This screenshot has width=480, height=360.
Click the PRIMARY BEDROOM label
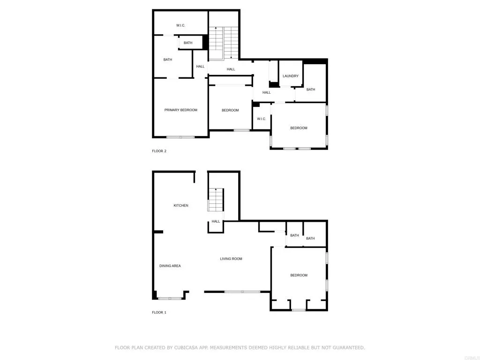(x=180, y=110)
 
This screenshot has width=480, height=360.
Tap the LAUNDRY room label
(x=291, y=76)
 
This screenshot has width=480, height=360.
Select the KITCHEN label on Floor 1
(x=181, y=205)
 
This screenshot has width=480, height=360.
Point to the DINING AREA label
(x=170, y=266)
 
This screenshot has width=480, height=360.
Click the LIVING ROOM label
(x=231, y=259)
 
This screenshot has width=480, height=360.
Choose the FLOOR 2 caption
(x=159, y=151)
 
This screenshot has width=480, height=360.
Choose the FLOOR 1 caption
(x=159, y=312)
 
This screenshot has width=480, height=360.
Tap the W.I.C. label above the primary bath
(x=181, y=25)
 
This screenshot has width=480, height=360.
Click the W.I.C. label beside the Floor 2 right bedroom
(x=261, y=119)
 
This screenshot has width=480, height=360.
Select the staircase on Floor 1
(x=216, y=201)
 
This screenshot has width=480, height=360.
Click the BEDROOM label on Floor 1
(x=299, y=275)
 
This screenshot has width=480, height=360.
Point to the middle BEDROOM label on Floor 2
(x=230, y=110)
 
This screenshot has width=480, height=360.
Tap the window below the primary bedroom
(x=180, y=137)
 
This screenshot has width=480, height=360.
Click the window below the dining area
(x=170, y=298)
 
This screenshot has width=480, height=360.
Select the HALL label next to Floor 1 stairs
(x=216, y=221)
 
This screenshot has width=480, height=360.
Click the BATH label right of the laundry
(x=311, y=90)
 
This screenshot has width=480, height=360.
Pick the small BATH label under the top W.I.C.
(x=188, y=43)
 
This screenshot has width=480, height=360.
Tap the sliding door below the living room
(x=242, y=292)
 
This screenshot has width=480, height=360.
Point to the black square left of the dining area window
(x=155, y=295)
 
